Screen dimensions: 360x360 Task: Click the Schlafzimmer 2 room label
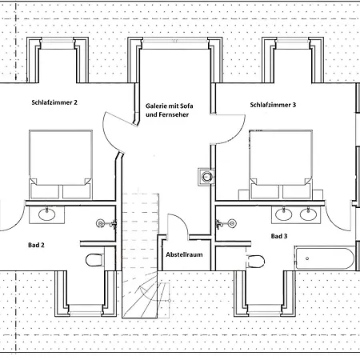pos(54,102)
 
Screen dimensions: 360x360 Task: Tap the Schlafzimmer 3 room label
pos(273,105)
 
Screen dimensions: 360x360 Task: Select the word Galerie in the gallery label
pos(155,106)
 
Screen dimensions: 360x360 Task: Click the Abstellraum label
pos(184,254)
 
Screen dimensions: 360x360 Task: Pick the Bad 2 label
pos(36,245)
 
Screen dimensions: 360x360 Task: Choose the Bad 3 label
pos(279,236)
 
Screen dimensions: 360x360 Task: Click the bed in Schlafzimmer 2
pos(61,164)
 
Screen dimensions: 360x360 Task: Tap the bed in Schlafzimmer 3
pos(281,164)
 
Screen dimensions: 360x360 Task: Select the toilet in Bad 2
pos(94,260)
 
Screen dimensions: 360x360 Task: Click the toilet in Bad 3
pos(256,261)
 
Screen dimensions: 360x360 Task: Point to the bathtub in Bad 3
pos(324,258)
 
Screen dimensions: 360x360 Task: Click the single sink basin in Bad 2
pos(47,214)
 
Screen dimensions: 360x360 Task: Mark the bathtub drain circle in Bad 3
pos(307,258)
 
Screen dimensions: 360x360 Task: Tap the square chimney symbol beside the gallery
pos(206,177)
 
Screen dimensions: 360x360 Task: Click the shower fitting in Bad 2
pos(106,223)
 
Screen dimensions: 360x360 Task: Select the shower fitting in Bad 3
pos(226,223)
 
